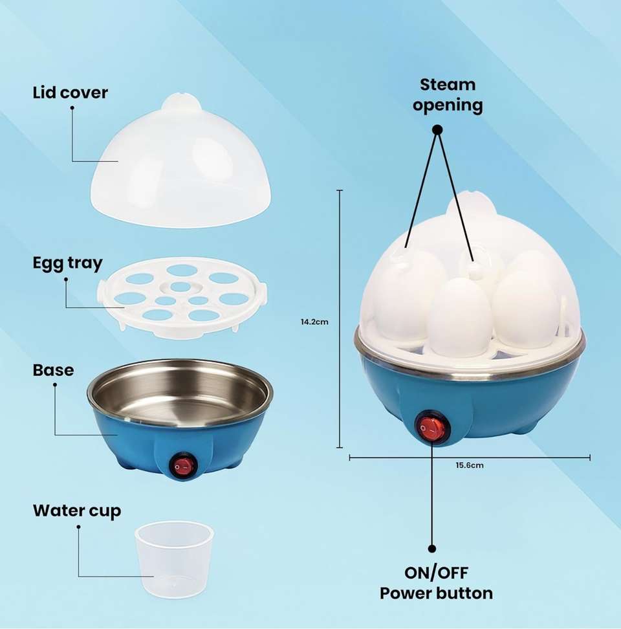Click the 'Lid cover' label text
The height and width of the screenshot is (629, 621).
coord(70,93)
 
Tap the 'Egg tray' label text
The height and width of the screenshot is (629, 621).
coord(68,263)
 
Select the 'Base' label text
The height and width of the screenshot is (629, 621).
coord(53,370)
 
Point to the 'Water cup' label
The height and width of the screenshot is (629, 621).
coord(77,511)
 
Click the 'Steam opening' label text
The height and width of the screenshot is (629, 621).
coord(448,94)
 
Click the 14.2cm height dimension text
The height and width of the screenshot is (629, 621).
coord(315,322)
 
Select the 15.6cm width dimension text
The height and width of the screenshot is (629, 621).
coord(470,465)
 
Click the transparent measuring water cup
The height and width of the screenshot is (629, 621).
coord(175,560)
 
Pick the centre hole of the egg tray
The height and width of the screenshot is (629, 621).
coord(181,287)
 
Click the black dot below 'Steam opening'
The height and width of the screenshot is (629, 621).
coord(438,129)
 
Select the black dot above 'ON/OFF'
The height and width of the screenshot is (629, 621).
coord(432,548)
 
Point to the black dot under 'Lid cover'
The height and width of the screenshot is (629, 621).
coord(72,107)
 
